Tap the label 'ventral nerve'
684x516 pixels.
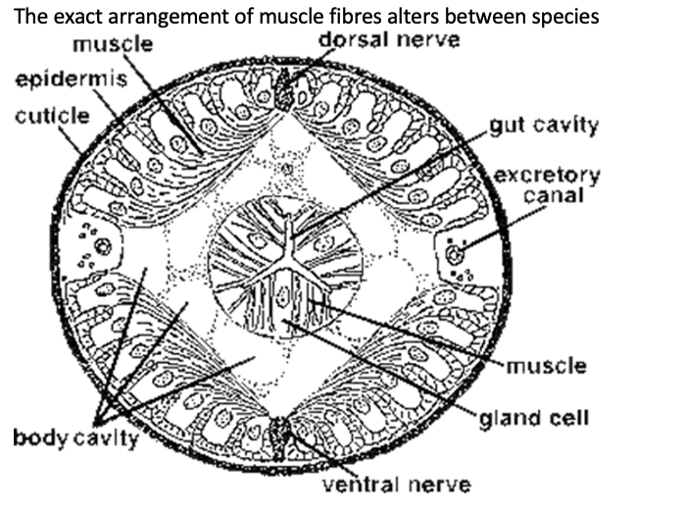397,483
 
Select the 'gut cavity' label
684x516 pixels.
544,127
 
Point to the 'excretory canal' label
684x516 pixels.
547,185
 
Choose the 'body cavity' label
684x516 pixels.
76,437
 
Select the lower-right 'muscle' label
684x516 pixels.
547,366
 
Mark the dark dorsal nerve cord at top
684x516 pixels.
287,90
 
